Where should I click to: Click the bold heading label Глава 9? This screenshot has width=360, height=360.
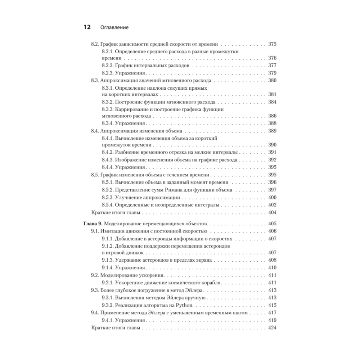(93, 224)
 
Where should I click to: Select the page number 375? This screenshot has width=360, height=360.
(272, 44)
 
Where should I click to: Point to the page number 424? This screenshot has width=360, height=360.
(272, 328)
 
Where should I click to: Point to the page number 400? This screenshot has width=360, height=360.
(272, 198)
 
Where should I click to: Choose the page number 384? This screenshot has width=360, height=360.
(272, 102)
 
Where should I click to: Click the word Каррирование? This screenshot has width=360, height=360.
(133, 109)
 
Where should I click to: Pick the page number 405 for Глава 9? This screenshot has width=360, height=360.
(272, 224)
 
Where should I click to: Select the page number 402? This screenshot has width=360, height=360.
(272, 205)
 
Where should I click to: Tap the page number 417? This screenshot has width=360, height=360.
(272, 313)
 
